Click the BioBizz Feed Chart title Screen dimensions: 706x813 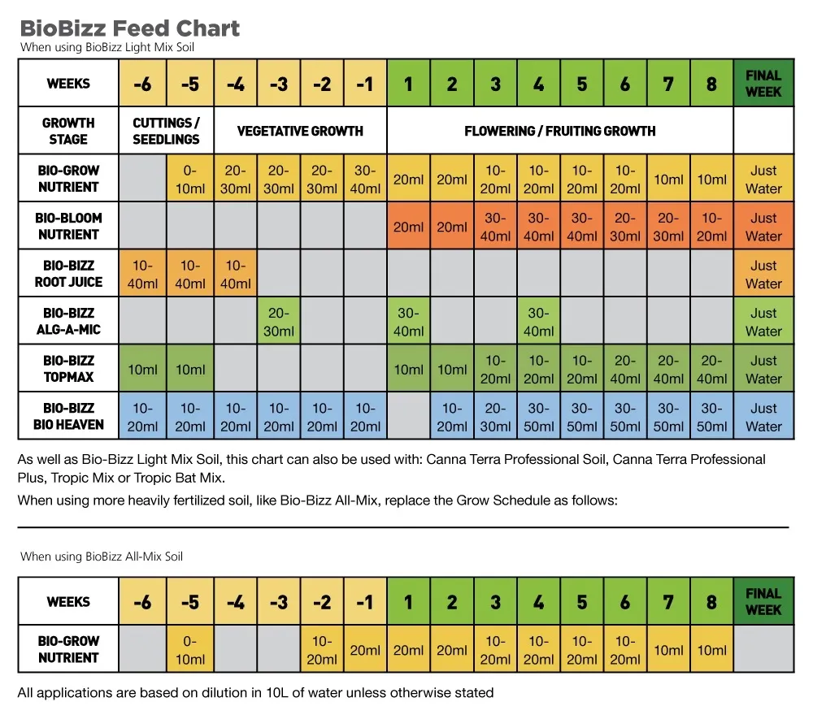[x=130, y=28]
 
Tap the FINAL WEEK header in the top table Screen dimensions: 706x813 [x=763, y=84]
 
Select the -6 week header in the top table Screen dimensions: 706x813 [x=142, y=84]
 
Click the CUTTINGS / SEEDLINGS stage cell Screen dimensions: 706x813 [x=167, y=131]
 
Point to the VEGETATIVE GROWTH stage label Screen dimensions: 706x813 [x=300, y=131]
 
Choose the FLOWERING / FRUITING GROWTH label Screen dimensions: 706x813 [x=560, y=131]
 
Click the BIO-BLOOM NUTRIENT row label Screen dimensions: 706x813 [x=68, y=226]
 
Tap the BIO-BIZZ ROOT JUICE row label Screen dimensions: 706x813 [x=68, y=274]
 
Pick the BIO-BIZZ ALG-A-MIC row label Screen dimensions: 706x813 [x=68, y=322]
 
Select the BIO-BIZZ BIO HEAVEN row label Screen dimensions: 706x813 [x=68, y=417]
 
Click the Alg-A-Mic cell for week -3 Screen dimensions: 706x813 [x=279, y=322]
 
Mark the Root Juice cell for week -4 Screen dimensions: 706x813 [x=236, y=274]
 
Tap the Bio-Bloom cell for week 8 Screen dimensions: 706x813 [x=711, y=227]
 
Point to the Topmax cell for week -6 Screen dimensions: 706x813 [x=143, y=369]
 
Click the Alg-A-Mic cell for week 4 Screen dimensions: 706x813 [x=538, y=322]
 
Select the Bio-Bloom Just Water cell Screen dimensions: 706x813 [x=763, y=227]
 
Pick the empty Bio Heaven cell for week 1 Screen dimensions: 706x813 [x=408, y=417]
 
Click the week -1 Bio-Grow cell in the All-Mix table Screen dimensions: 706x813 [x=365, y=649]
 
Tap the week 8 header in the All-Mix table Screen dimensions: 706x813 [x=711, y=602]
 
